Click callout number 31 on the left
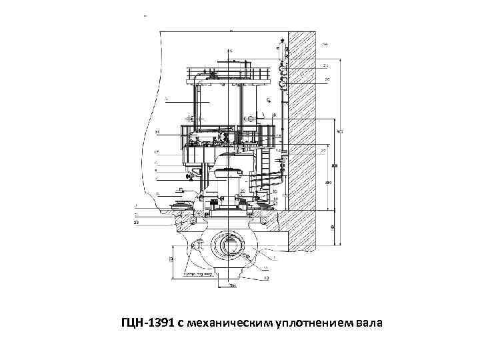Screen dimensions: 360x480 coord(157,131)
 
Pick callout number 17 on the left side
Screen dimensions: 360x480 coord(157,153)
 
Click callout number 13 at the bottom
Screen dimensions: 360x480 coord(266,278)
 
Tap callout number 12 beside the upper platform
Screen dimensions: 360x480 coord(278,137)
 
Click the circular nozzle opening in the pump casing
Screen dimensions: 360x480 coord(229,243)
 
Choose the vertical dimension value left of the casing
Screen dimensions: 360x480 coord(172,259)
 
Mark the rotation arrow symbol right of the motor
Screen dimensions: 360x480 coord(267,100)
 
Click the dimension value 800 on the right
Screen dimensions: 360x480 coord(335,165)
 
